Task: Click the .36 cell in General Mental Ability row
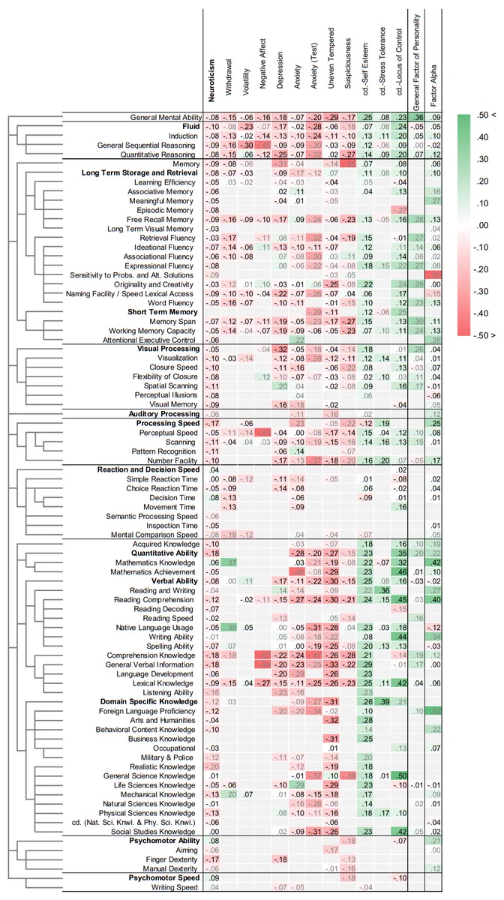(x=419, y=117)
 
